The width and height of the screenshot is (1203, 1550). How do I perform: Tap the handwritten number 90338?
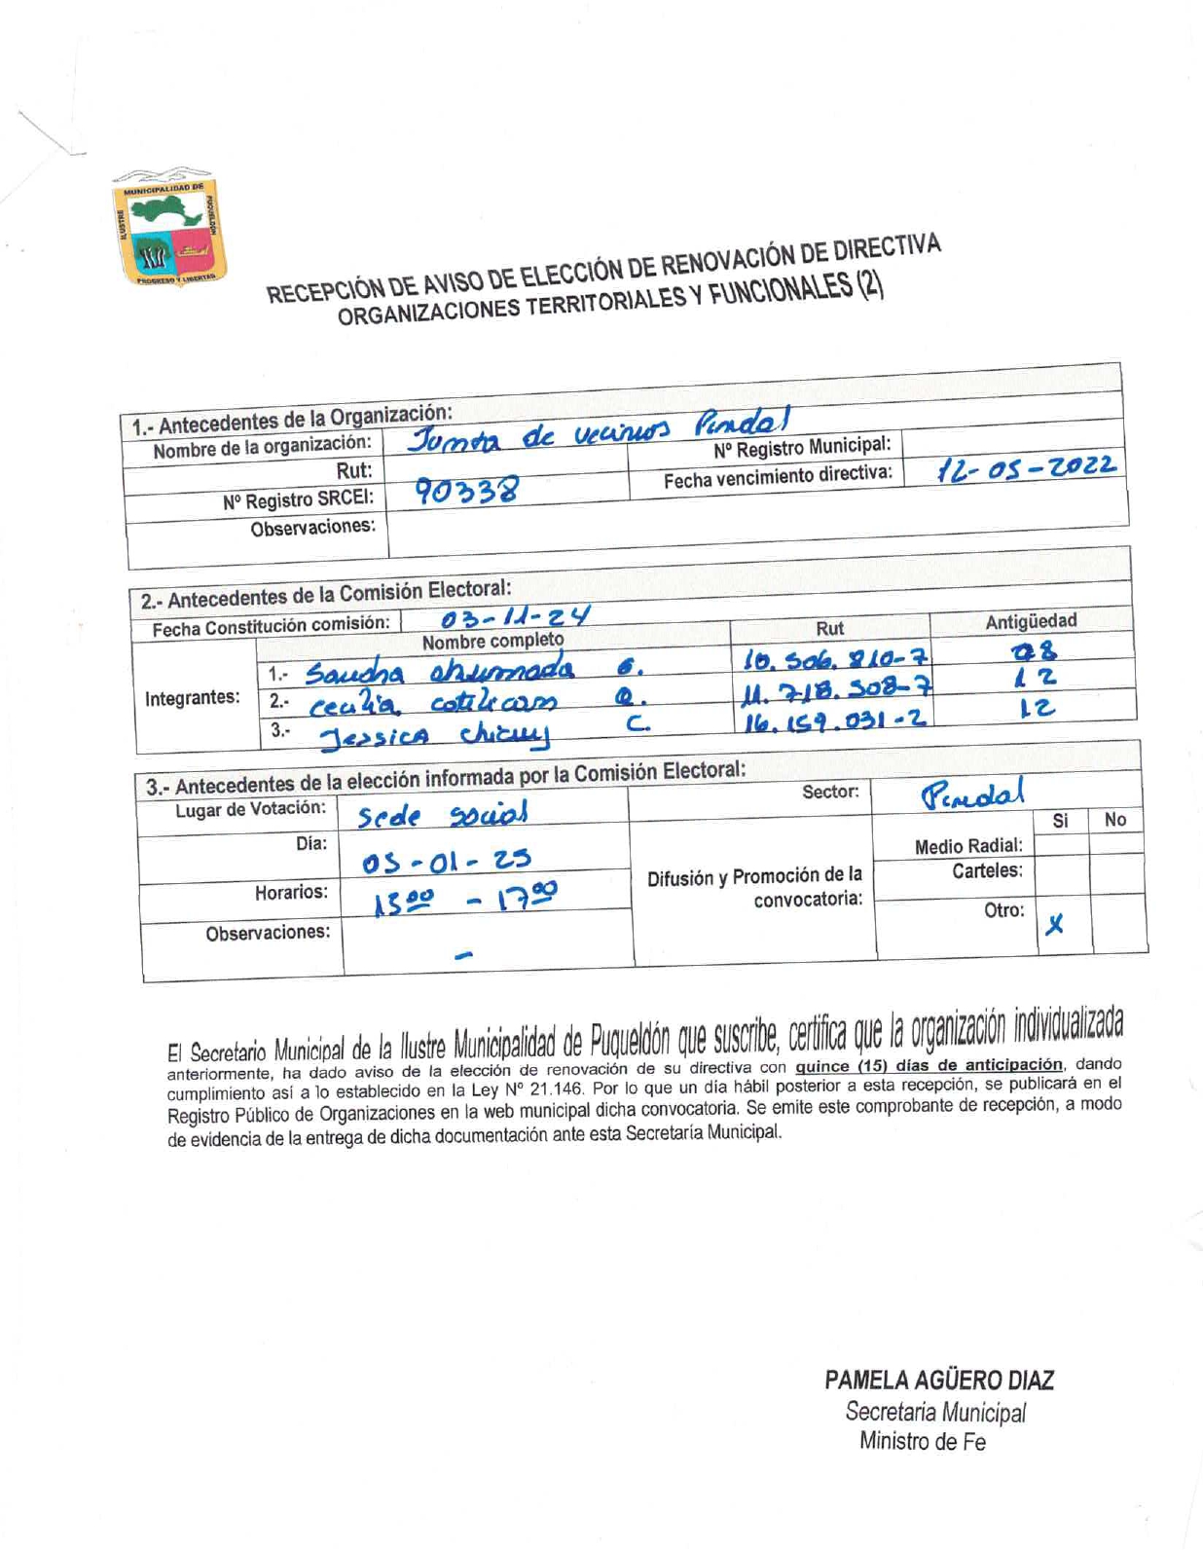[x=466, y=490]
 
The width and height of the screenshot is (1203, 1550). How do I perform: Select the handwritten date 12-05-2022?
[x=1025, y=469]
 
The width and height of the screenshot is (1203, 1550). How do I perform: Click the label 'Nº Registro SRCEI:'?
[x=298, y=500]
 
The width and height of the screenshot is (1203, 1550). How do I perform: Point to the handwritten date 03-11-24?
[x=515, y=616]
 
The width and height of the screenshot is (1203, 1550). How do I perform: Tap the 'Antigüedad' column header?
[x=1031, y=620]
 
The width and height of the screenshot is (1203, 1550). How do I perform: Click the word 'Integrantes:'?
[x=192, y=697]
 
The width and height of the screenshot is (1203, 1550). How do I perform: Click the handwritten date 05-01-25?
[x=446, y=862]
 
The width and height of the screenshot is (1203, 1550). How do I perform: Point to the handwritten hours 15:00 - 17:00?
[x=466, y=899]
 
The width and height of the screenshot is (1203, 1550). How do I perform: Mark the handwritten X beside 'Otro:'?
[x=1054, y=926]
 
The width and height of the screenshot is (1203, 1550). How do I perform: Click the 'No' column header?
[x=1114, y=820]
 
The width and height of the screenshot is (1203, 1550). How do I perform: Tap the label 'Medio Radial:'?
[x=967, y=846]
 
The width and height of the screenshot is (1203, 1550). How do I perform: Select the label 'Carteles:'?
[x=987, y=870]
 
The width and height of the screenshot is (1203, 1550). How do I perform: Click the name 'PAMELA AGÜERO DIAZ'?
[x=938, y=1380]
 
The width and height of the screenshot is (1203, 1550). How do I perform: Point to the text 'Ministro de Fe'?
[x=922, y=1442]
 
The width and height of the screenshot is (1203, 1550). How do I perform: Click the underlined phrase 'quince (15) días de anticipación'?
[x=929, y=1065]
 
